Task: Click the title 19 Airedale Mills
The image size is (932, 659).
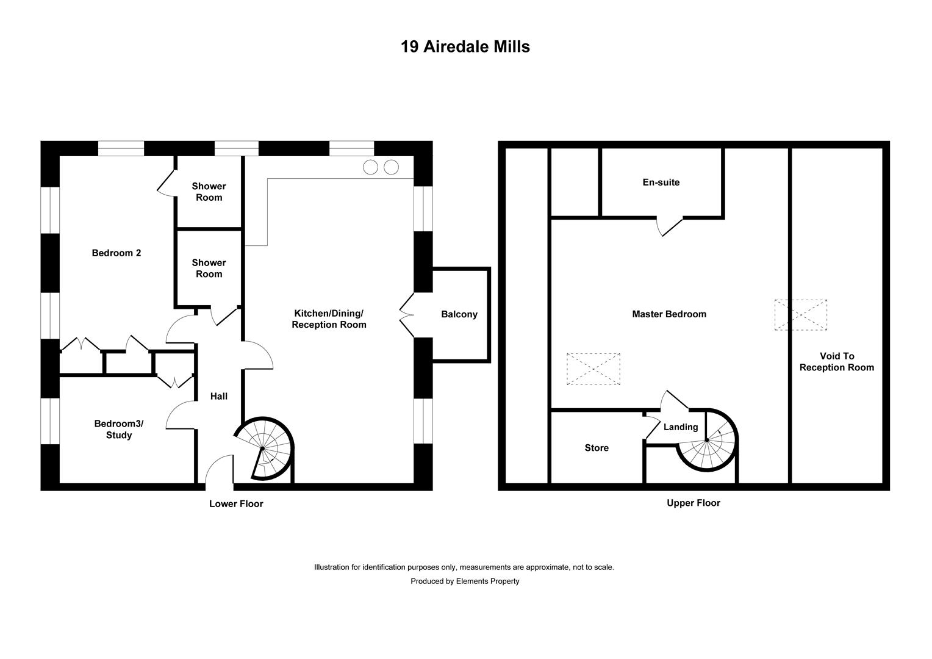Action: (465, 46)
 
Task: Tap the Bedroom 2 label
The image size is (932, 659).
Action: (116, 253)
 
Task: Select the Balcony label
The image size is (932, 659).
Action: (459, 314)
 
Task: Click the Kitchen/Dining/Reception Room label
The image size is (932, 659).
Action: (329, 319)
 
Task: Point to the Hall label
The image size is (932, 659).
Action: (219, 397)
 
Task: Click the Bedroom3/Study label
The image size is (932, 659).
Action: (119, 429)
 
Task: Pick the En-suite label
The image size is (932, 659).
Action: (661, 182)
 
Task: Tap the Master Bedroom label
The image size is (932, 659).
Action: (669, 314)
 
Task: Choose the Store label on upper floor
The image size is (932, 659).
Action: (597, 448)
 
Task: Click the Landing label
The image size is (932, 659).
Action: (681, 427)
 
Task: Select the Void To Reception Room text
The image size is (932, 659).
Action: (837, 362)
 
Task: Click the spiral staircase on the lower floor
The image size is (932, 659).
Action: (263, 448)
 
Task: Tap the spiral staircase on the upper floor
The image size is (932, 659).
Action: (707, 441)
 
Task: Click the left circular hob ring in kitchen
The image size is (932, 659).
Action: (370, 167)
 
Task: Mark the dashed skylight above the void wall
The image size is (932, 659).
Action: (800, 315)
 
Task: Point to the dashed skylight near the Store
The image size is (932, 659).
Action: (593, 369)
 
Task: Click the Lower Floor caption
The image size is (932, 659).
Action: (236, 504)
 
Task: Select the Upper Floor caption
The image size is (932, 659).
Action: (694, 503)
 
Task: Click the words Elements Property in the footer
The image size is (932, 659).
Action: (487, 581)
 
